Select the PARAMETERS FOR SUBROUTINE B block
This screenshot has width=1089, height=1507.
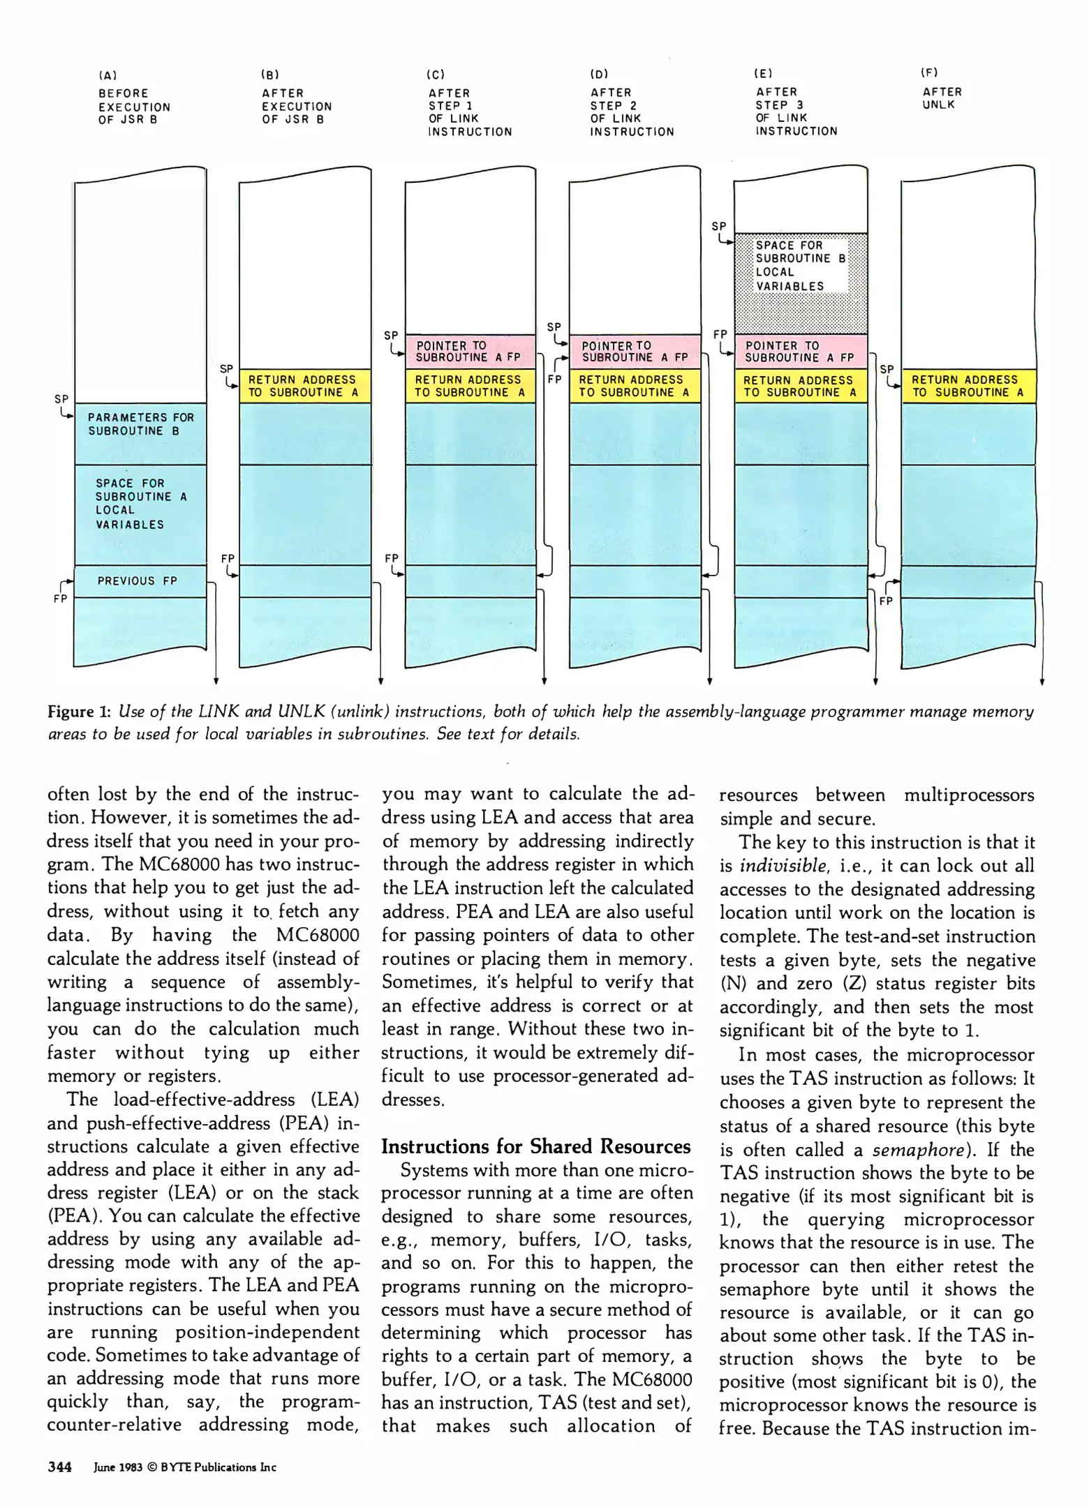tap(140, 425)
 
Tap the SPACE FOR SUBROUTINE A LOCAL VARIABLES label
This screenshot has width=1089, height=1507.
tap(140, 504)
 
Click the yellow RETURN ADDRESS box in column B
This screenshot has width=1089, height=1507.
tap(304, 386)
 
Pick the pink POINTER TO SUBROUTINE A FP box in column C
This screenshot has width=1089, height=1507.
tap(469, 352)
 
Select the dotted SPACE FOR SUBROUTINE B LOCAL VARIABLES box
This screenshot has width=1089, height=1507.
tap(801, 266)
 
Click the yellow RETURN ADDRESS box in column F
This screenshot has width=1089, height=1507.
tap(968, 386)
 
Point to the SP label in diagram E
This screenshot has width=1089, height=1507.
tap(718, 226)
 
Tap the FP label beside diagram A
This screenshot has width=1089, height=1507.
tap(60, 599)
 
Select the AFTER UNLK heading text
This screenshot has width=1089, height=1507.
tap(942, 98)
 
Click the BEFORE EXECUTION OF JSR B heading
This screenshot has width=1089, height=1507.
tap(134, 106)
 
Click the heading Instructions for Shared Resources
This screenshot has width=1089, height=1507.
tap(535, 1146)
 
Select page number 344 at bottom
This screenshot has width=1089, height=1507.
tap(59, 1467)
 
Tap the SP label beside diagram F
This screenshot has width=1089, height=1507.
tap(887, 369)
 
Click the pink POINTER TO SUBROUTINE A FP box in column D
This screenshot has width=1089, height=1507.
tap(634, 352)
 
